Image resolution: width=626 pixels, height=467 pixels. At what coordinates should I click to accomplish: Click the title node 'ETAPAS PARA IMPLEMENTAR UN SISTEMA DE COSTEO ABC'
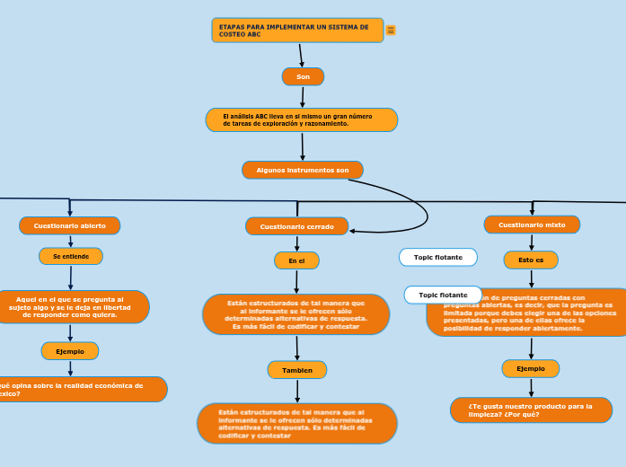coord(297,31)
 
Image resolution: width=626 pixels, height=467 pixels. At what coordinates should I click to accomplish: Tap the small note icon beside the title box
coord(391,31)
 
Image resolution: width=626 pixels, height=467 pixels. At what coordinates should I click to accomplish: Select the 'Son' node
coord(303,76)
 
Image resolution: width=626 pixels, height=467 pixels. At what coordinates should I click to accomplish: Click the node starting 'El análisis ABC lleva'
coord(302,119)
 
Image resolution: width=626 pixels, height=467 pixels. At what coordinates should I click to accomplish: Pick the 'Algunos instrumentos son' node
coord(303,170)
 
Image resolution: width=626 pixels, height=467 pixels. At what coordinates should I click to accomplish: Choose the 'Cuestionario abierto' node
coord(70,225)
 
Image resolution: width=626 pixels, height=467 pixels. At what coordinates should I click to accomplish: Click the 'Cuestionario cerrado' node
coord(296,226)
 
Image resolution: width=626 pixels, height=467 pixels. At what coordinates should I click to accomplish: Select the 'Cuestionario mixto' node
coord(532,225)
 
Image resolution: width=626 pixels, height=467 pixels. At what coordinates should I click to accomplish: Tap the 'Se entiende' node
coord(71,256)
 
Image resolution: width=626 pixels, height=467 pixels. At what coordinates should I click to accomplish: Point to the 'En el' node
coord(296,260)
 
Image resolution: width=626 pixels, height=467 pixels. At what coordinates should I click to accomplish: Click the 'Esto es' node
coord(531,260)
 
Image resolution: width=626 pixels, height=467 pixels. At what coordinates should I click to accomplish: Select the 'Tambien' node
coord(297,370)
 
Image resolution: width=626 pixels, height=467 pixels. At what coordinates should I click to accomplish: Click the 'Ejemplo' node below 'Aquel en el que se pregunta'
coord(70,351)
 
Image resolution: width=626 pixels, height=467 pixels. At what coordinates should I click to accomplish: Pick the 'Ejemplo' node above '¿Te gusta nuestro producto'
coord(531,368)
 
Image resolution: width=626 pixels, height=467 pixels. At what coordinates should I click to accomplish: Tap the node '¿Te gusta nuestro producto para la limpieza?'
coord(531,410)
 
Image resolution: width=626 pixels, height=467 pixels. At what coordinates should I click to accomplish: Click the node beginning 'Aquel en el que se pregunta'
coord(72,307)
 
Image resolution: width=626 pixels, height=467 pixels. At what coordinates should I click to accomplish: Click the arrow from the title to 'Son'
coord(301,55)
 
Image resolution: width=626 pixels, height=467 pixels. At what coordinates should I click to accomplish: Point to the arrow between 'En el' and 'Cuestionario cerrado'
coord(296,243)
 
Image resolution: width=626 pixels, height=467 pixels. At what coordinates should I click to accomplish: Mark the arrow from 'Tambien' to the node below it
coord(297,391)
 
